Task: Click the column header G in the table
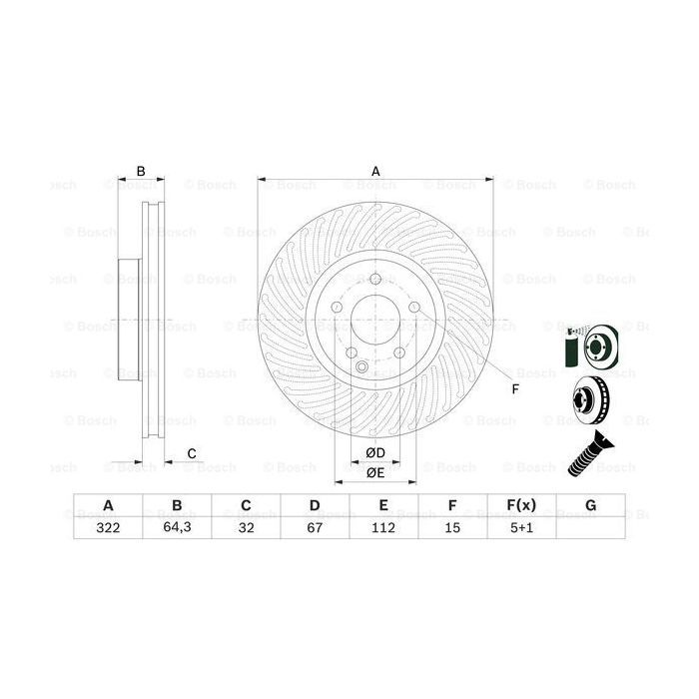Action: click(x=590, y=506)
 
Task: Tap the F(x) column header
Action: click(x=521, y=506)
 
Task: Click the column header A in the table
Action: click(x=107, y=506)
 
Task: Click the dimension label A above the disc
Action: click(x=376, y=171)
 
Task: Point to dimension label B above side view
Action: click(x=141, y=171)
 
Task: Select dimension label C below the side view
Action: click(x=191, y=454)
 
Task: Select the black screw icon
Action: click(x=590, y=454)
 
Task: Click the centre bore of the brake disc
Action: click(x=375, y=326)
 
